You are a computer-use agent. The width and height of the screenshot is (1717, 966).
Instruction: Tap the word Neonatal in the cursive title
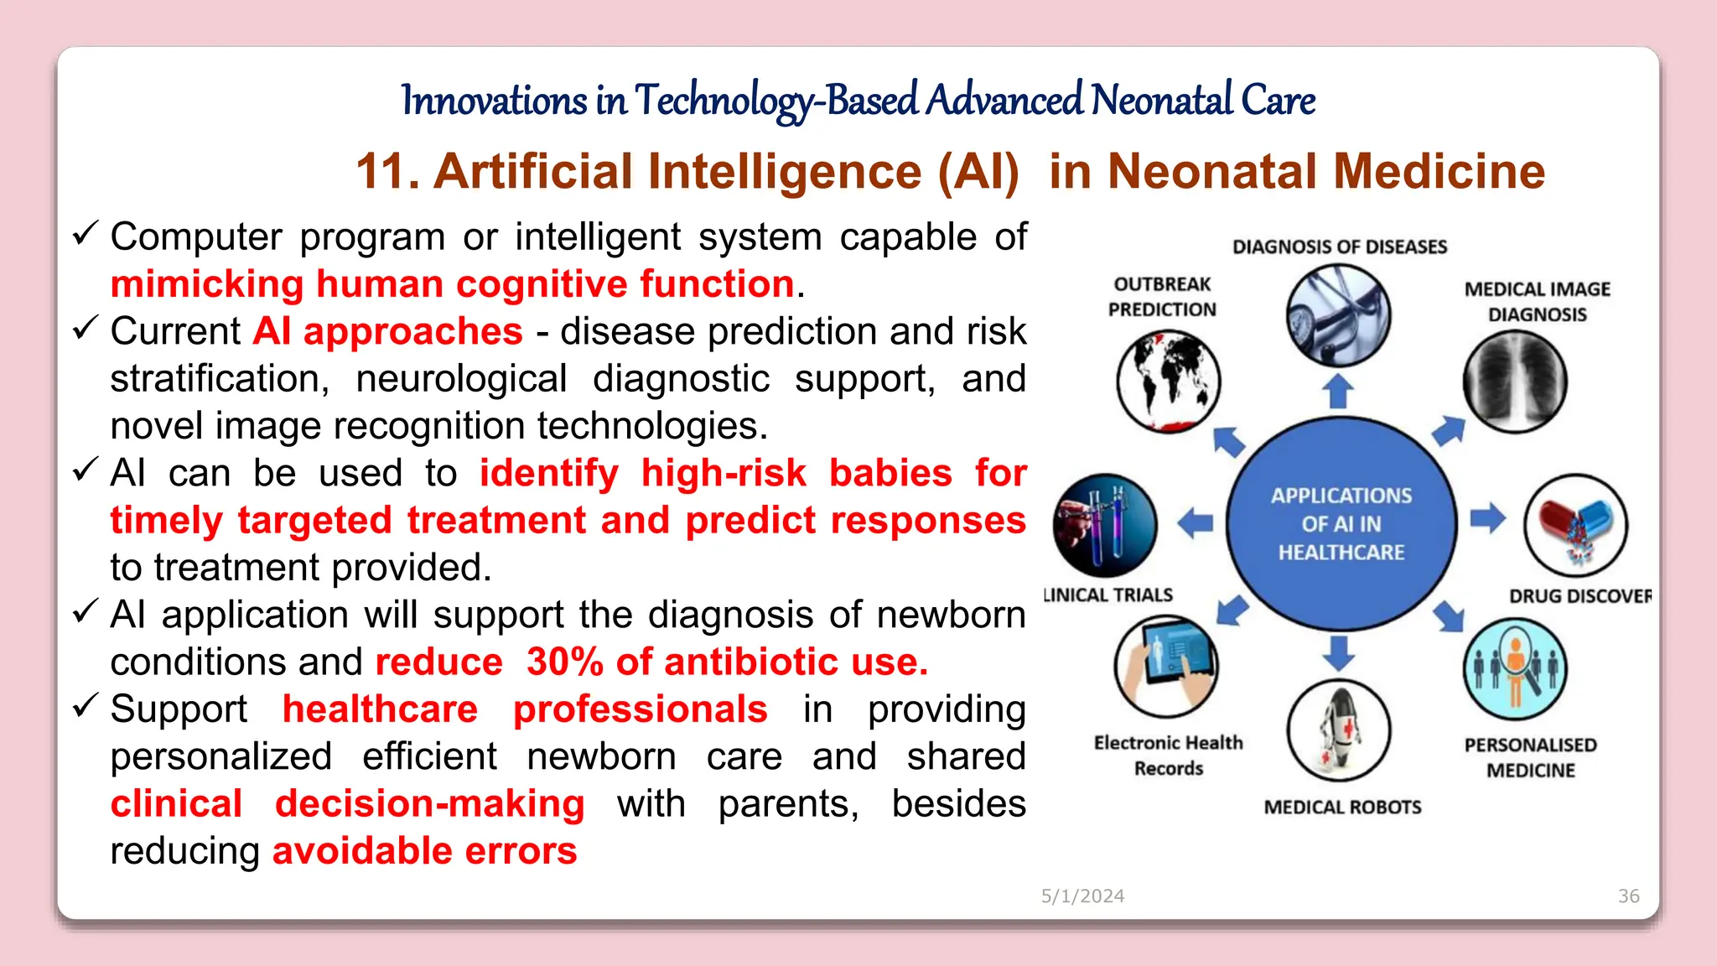(x=1161, y=101)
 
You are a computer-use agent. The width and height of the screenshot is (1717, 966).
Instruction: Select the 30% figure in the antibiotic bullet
(x=564, y=662)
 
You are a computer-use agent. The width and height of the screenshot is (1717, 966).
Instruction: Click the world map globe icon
(x=1168, y=381)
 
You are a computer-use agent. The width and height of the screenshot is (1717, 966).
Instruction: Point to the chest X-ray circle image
(x=1515, y=381)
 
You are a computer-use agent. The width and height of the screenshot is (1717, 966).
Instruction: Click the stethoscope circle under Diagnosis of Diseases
(x=1339, y=316)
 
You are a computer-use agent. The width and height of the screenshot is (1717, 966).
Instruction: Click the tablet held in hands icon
(x=1166, y=665)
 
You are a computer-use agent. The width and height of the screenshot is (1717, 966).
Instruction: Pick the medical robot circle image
(x=1339, y=730)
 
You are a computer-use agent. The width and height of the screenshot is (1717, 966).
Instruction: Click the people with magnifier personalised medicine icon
(x=1515, y=668)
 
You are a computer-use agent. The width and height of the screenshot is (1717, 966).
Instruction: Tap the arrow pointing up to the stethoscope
(x=1338, y=391)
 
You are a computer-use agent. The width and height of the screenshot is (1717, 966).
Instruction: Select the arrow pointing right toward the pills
(x=1487, y=517)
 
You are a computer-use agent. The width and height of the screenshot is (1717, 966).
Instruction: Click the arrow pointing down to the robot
(x=1339, y=652)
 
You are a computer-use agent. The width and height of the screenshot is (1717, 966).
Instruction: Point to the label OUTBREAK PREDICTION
(x=1162, y=297)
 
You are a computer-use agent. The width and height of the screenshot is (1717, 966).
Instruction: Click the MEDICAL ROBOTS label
(x=1342, y=807)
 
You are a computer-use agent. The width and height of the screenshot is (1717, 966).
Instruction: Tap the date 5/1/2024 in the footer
(x=1082, y=896)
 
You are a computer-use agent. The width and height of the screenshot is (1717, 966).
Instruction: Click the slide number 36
(x=1628, y=896)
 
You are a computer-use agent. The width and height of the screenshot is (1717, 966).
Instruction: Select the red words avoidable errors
(x=425, y=851)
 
